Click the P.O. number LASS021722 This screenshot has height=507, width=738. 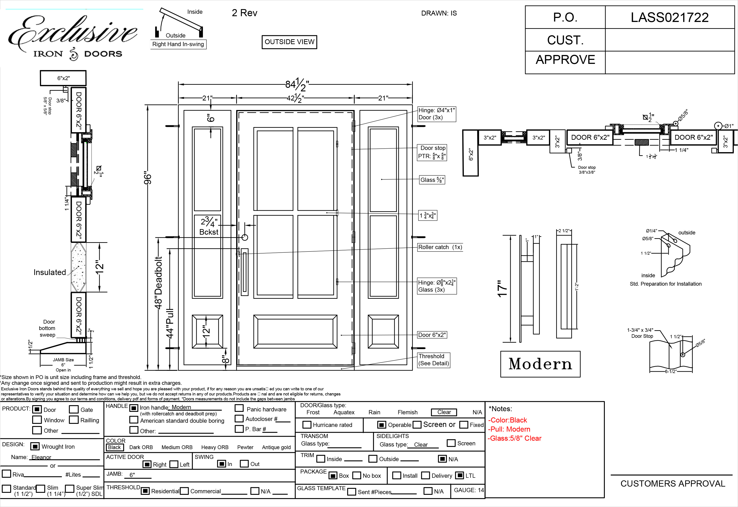pos(669,18)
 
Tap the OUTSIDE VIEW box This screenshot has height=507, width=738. pos(289,42)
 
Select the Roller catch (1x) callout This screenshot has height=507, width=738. pos(440,247)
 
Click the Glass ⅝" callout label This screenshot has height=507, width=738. pos(432,180)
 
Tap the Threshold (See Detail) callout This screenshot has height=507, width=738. pos(433,360)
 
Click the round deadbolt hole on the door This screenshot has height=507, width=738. pos(244,237)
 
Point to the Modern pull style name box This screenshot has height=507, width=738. pos(540,364)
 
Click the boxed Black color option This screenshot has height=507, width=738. pos(115,447)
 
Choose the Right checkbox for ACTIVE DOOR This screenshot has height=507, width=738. pos(147,464)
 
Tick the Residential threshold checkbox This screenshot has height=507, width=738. pos(145,491)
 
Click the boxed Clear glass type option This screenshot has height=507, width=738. pos(444,412)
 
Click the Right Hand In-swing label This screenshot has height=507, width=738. pos(178,44)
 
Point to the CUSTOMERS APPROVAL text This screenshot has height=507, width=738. pos(673,483)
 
